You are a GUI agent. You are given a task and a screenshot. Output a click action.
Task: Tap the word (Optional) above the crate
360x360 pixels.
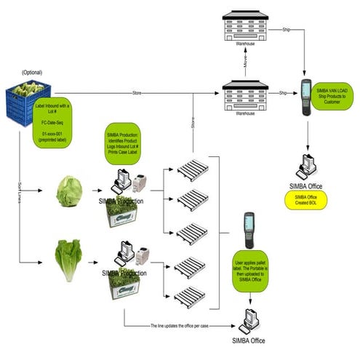point(32,73)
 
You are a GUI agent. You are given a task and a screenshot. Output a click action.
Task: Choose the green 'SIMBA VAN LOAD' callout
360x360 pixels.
point(335,95)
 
